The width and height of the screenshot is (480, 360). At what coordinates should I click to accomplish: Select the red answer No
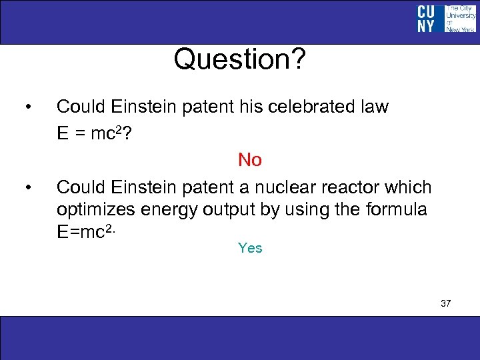pyautogui.click(x=250, y=160)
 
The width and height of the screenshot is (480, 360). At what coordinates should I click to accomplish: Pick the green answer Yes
pyautogui.click(x=250, y=248)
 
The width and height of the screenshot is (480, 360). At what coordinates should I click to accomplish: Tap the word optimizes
pyautogui.click(x=96, y=211)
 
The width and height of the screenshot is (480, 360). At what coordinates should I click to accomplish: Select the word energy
pyautogui.click(x=172, y=211)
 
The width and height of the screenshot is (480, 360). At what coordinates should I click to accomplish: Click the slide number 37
pyautogui.click(x=445, y=303)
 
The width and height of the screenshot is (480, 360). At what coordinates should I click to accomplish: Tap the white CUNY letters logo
pyautogui.click(x=426, y=19)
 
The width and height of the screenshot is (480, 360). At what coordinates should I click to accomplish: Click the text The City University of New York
pyautogui.click(x=459, y=19)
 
